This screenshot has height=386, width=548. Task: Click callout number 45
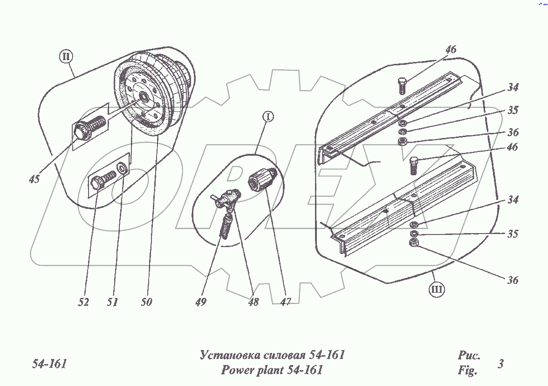point(34,179)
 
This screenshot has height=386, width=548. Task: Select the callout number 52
point(84,302)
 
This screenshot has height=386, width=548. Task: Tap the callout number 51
point(112,302)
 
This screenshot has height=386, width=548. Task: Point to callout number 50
point(146,302)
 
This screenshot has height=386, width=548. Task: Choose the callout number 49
point(201,302)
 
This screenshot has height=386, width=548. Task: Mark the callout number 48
point(253,302)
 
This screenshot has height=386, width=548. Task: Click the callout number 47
point(286,302)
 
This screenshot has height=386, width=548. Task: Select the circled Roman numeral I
point(267,117)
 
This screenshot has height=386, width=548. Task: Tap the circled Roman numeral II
point(66,57)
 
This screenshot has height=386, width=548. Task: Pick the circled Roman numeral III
point(437,289)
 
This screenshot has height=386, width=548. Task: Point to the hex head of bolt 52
point(96,182)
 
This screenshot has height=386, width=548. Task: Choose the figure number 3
point(500,364)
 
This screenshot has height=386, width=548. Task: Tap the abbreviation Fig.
point(467,371)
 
